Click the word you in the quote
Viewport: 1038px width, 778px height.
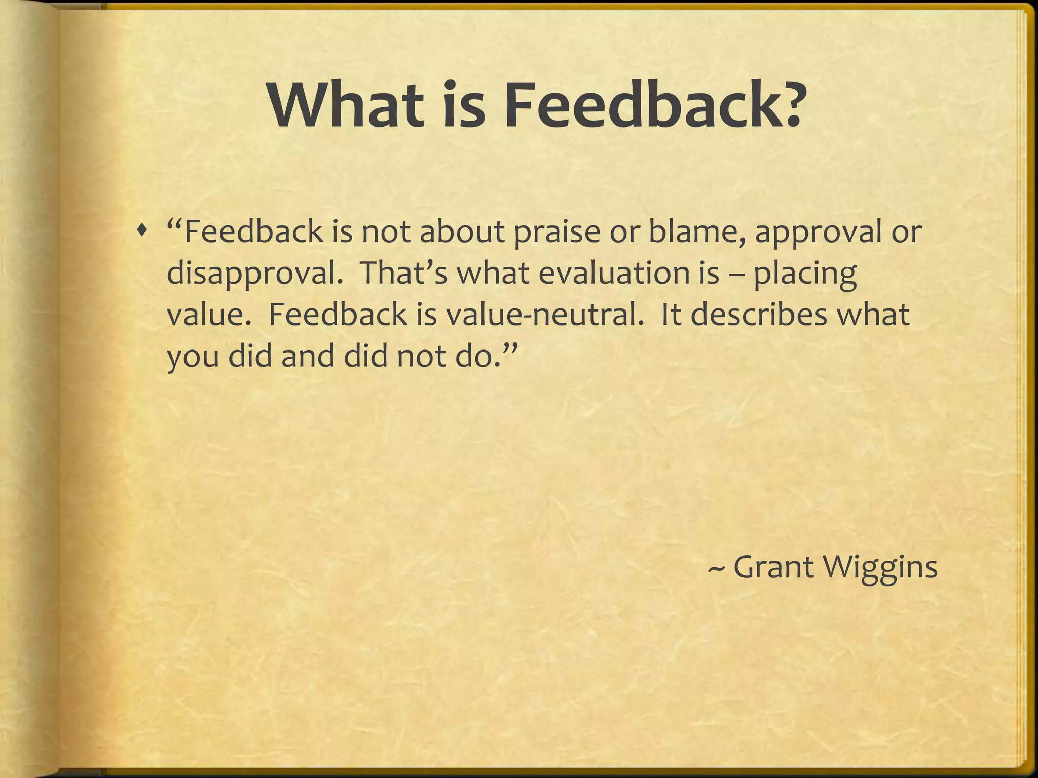(x=193, y=357)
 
